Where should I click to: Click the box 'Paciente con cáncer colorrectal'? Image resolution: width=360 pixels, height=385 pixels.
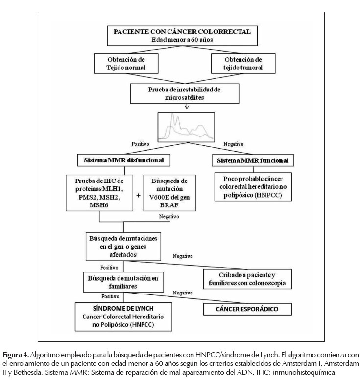click(x=182, y=36)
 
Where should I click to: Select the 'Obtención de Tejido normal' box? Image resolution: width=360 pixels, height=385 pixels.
click(x=126, y=63)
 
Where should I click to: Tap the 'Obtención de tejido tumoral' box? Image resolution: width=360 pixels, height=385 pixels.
click(x=243, y=63)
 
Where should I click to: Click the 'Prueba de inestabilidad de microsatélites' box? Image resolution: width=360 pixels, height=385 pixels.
click(x=185, y=93)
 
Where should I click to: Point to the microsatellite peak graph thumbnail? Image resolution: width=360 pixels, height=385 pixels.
click(x=186, y=127)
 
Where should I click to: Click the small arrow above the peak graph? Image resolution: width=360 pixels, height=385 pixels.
click(x=187, y=106)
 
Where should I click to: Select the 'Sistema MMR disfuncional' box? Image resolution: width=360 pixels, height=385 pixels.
click(x=124, y=160)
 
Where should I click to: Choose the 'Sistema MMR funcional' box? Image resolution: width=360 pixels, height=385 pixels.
click(x=253, y=160)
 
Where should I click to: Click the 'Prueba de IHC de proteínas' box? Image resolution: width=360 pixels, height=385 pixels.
click(x=99, y=193)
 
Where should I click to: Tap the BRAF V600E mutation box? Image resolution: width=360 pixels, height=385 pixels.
click(x=169, y=193)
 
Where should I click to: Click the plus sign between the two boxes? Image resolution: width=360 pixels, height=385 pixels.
click(x=138, y=196)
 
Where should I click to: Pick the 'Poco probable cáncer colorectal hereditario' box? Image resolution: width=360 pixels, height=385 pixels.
click(x=253, y=186)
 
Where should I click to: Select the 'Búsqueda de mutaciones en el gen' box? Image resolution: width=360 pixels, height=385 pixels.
click(x=123, y=246)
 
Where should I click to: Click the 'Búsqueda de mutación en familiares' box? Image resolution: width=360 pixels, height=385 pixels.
click(x=123, y=282)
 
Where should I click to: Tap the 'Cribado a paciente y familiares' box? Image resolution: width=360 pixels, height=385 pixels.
click(x=247, y=279)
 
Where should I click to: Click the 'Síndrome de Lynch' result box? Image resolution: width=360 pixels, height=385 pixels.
click(x=123, y=317)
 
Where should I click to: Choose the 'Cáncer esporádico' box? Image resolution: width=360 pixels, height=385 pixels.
click(x=247, y=309)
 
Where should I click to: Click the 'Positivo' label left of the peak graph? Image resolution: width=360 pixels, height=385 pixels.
click(x=140, y=144)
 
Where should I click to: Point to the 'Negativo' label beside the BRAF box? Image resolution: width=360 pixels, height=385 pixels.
click(x=169, y=217)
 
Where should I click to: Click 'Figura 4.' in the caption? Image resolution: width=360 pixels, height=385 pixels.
click(x=16, y=355)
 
